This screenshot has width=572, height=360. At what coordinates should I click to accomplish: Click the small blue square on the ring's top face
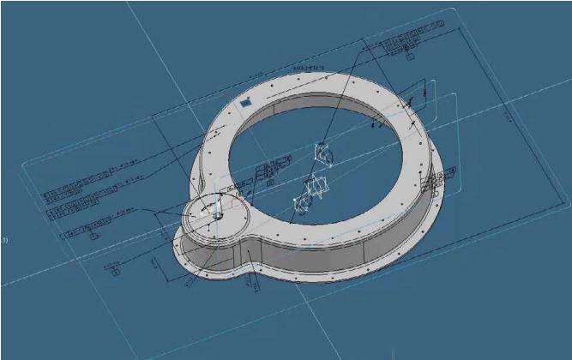coord(246,101)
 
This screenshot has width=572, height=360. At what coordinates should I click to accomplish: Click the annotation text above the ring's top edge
coord(309,66)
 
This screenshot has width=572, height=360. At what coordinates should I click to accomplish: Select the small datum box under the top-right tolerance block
coord(410,56)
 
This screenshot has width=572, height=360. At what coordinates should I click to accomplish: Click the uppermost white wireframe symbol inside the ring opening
coord(324,154)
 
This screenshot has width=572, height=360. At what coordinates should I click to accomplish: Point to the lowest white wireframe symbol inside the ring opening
coord(301,202)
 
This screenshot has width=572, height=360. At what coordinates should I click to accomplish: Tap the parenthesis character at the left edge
coord(4,240)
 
